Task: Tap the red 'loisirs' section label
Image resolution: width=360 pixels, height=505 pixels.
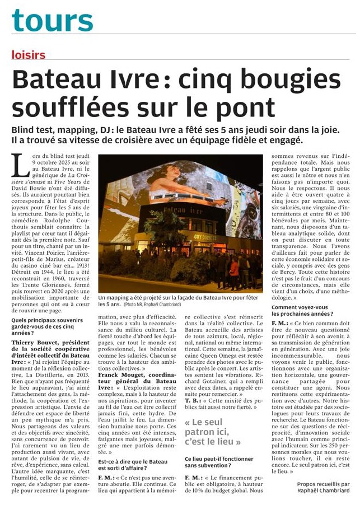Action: coord(28,55)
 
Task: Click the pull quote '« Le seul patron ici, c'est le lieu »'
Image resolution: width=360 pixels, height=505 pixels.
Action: coord(216,433)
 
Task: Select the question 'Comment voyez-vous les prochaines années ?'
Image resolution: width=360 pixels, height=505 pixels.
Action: coord(307,311)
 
